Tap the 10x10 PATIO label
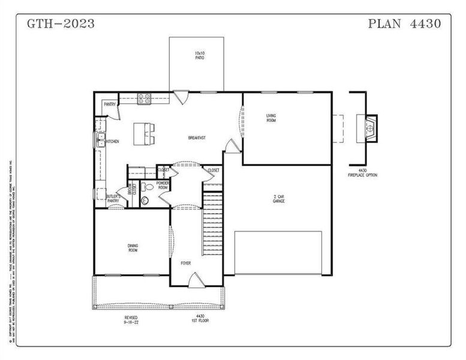[x=199, y=56]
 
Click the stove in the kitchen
[x=145, y=99]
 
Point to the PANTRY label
[x=109, y=104]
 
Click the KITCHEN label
[x=112, y=142]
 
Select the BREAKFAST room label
[x=197, y=138]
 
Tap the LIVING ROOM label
[x=272, y=118]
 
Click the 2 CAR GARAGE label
[x=278, y=199]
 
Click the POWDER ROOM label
[x=163, y=185]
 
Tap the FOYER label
[x=187, y=263]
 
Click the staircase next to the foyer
[x=212, y=225]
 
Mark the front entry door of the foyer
[x=195, y=279]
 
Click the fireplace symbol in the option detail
[x=371, y=127]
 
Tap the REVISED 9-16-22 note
[x=131, y=319]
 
